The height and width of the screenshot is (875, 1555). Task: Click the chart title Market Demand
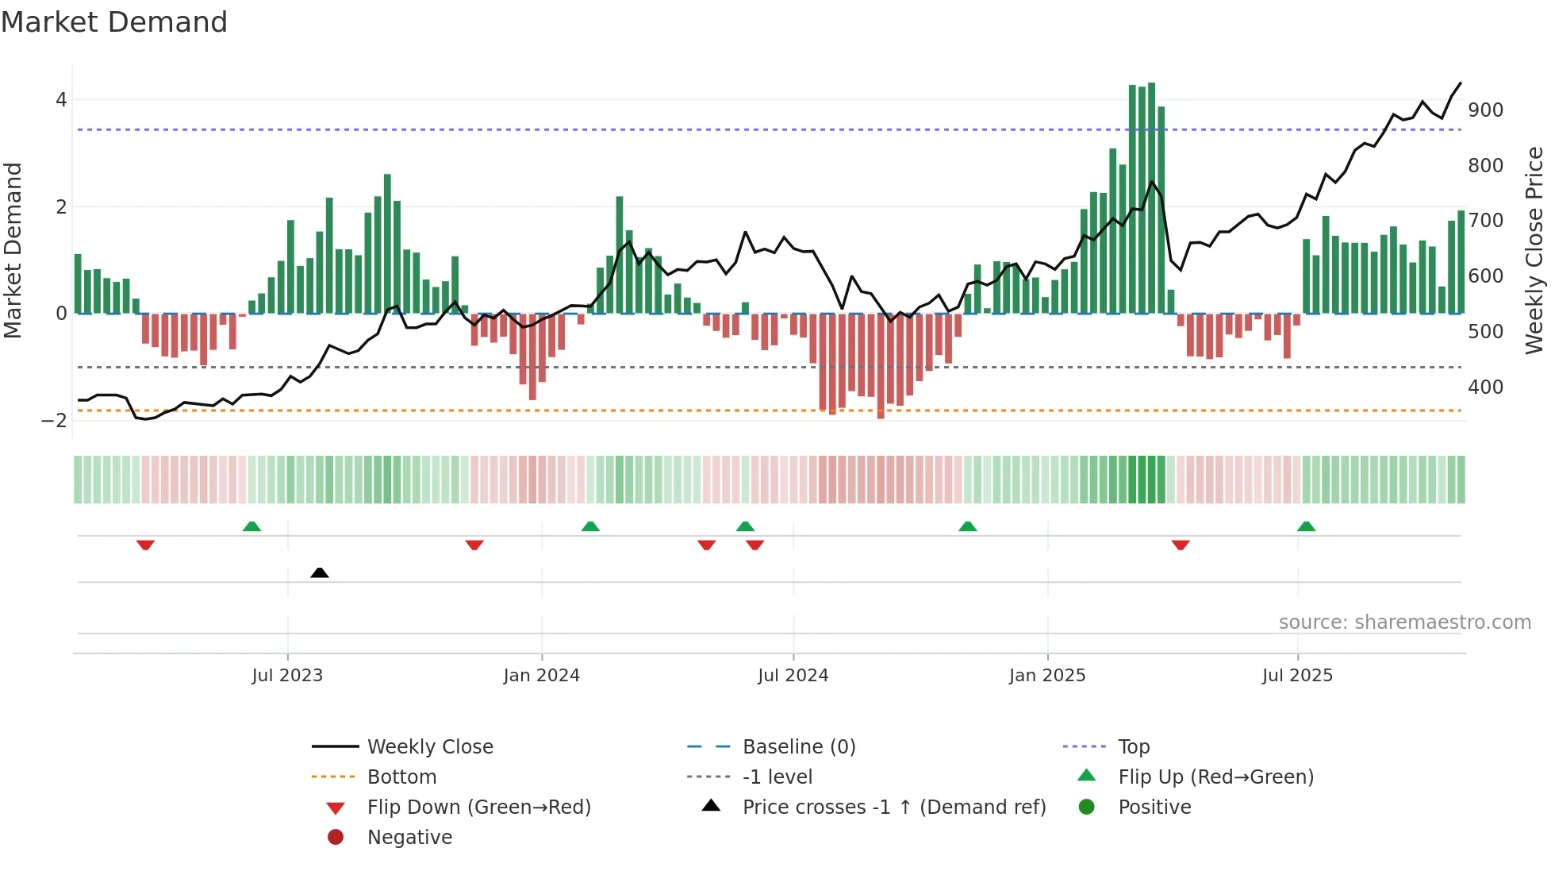(114, 22)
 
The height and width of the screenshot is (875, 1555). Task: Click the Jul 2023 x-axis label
(287, 676)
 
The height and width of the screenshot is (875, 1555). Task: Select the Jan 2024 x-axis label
(542, 676)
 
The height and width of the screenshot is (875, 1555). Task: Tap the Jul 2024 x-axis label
(793, 676)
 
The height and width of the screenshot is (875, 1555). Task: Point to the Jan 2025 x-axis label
(1047, 676)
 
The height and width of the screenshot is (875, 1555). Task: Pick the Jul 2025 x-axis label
(1298, 676)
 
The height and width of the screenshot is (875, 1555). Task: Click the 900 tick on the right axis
(1485, 110)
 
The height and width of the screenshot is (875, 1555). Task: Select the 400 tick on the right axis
(1485, 387)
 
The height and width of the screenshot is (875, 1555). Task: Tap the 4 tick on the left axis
(61, 100)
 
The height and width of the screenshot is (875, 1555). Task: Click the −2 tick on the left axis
(55, 421)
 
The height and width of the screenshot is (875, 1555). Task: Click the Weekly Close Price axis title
(1534, 250)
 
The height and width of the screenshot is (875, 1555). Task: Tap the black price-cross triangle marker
(320, 572)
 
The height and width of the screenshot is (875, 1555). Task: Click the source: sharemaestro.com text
(1404, 623)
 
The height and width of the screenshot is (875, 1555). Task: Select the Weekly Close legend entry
(429, 747)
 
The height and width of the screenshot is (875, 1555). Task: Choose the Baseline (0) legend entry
(798, 747)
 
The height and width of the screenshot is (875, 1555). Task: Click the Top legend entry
(1133, 747)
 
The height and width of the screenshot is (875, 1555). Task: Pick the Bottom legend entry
(401, 777)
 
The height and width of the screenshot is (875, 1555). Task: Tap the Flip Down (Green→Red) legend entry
(478, 808)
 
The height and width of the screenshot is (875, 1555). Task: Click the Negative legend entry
(409, 838)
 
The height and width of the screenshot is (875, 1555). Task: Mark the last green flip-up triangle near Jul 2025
(1306, 526)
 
